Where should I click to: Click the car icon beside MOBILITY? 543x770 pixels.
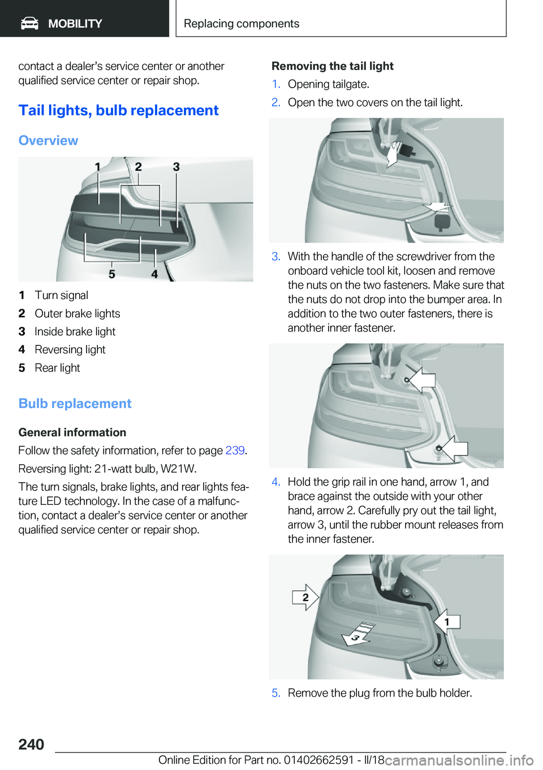29,23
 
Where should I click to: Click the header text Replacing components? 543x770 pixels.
241,24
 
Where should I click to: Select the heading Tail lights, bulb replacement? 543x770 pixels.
118,110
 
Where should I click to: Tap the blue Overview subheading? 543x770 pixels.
48,140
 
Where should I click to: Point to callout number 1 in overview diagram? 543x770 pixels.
98,167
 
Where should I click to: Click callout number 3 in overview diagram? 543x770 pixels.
176,167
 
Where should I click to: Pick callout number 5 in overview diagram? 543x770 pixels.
112,274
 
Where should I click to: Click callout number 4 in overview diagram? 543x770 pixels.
154,274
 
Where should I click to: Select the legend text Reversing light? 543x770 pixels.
70,349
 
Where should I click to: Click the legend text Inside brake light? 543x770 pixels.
75,331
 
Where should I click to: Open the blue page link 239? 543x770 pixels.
235,451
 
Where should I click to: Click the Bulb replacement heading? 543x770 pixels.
75,404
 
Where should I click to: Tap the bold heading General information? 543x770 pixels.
72,432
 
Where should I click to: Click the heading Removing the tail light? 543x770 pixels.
333,66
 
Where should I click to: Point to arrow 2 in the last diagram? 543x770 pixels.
305,597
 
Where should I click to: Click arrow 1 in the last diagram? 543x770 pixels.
447,622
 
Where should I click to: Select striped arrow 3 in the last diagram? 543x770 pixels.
356,635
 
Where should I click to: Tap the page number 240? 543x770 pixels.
31,744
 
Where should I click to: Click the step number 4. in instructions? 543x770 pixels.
275,482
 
